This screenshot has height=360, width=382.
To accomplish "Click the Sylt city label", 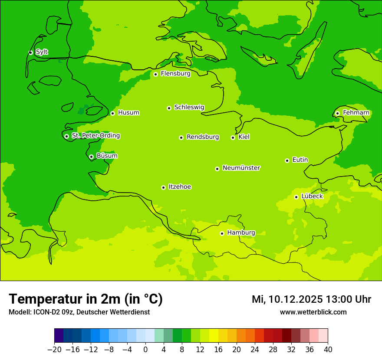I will pos(42,52).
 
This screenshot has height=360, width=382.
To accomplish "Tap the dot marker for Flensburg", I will pos(155,74).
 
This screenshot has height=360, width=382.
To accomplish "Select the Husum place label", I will pos(128,113).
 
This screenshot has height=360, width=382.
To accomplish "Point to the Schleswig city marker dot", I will pos(169,108).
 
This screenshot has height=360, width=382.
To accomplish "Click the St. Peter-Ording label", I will pos(95,136).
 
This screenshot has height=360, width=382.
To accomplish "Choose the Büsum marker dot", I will pos(91,157).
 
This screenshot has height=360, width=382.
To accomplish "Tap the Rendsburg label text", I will pos(203,137).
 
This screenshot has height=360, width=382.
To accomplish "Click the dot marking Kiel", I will pos(233,137).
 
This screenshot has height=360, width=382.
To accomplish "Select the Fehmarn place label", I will pos(356,113).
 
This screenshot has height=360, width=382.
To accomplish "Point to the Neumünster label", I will pos(241,168).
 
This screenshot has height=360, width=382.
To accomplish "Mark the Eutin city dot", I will pos(287,160).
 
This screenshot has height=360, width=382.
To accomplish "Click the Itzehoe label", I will pos(180,187).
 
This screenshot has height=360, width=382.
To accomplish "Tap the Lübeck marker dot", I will pos(296,197).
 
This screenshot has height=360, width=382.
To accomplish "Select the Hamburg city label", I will pos(241,233).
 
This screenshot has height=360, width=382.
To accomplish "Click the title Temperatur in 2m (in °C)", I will pos(86,299).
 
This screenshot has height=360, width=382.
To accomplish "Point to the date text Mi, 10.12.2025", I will pos(287,299).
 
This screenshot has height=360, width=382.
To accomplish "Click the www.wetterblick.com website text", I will pos(313,312).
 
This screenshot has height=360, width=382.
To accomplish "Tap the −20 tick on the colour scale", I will pos(54,350).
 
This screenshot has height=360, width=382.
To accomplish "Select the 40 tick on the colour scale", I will pos(328,350).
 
